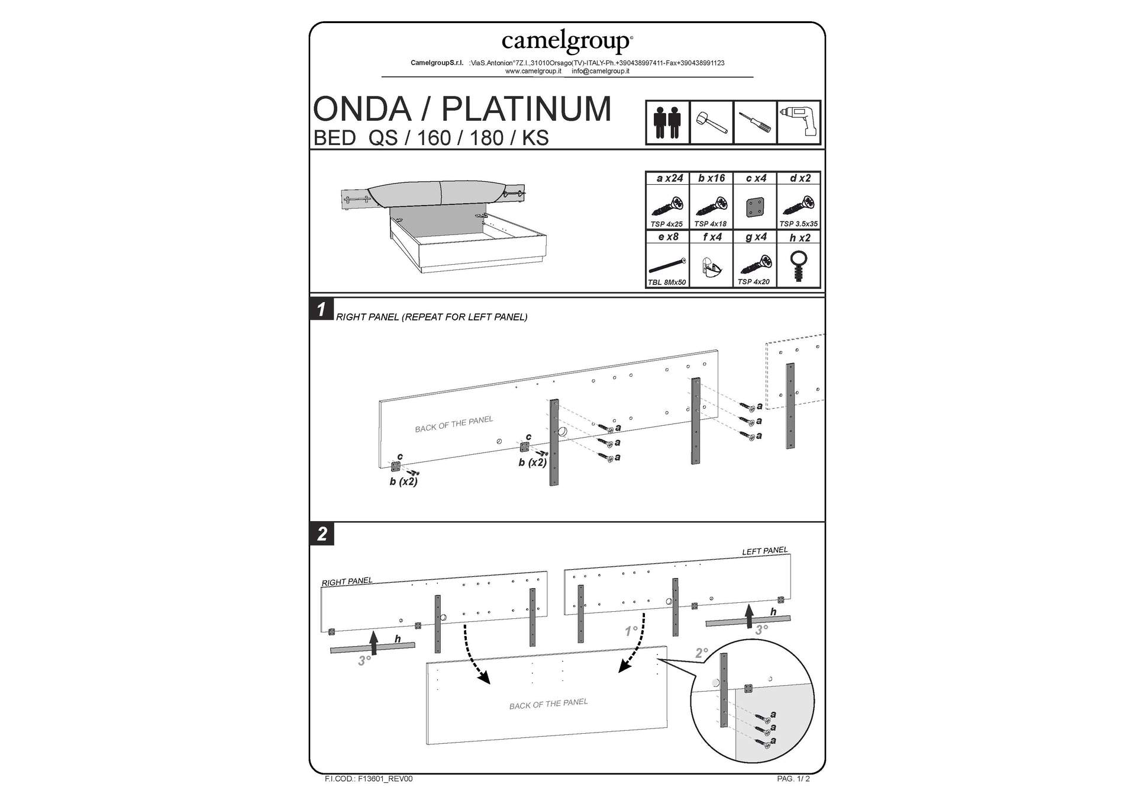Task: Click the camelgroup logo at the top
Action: click(567, 41)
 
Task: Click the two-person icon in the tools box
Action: click(667, 123)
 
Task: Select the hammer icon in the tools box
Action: click(711, 123)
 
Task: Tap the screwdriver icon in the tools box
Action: click(755, 123)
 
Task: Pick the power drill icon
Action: click(799, 122)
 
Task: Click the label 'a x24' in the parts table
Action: click(669, 178)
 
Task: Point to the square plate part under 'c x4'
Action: click(755, 207)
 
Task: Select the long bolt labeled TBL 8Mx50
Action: click(667, 266)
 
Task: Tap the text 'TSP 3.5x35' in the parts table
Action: click(798, 224)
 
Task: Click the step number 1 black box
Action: click(321, 309)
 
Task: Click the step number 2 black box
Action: click(322, 534)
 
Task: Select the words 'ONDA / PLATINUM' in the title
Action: click(461, 109)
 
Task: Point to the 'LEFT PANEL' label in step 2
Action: click(764, 551)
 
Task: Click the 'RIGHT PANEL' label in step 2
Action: click(347, 582)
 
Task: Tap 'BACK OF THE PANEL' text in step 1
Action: click(453, 424)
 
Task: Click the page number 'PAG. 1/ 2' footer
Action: click(793, 779)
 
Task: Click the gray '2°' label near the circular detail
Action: click(701, 653)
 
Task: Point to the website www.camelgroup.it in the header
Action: click(532, 71)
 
